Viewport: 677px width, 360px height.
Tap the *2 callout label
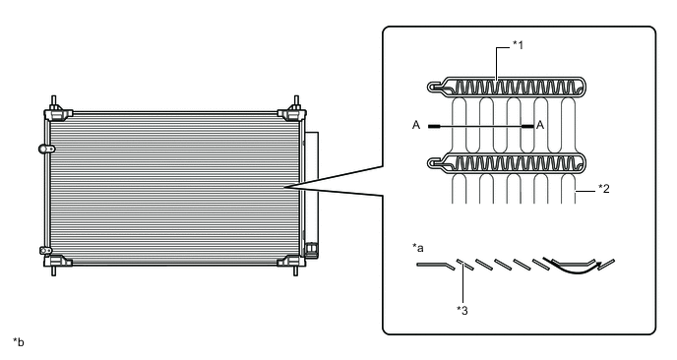tap(603, 188)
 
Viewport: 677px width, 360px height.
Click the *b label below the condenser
tap(18, 342)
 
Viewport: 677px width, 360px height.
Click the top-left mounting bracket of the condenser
tap(57, 108)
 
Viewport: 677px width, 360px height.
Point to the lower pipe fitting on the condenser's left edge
tap(45, 250)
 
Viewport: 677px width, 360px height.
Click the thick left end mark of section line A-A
tap(434, 127)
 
